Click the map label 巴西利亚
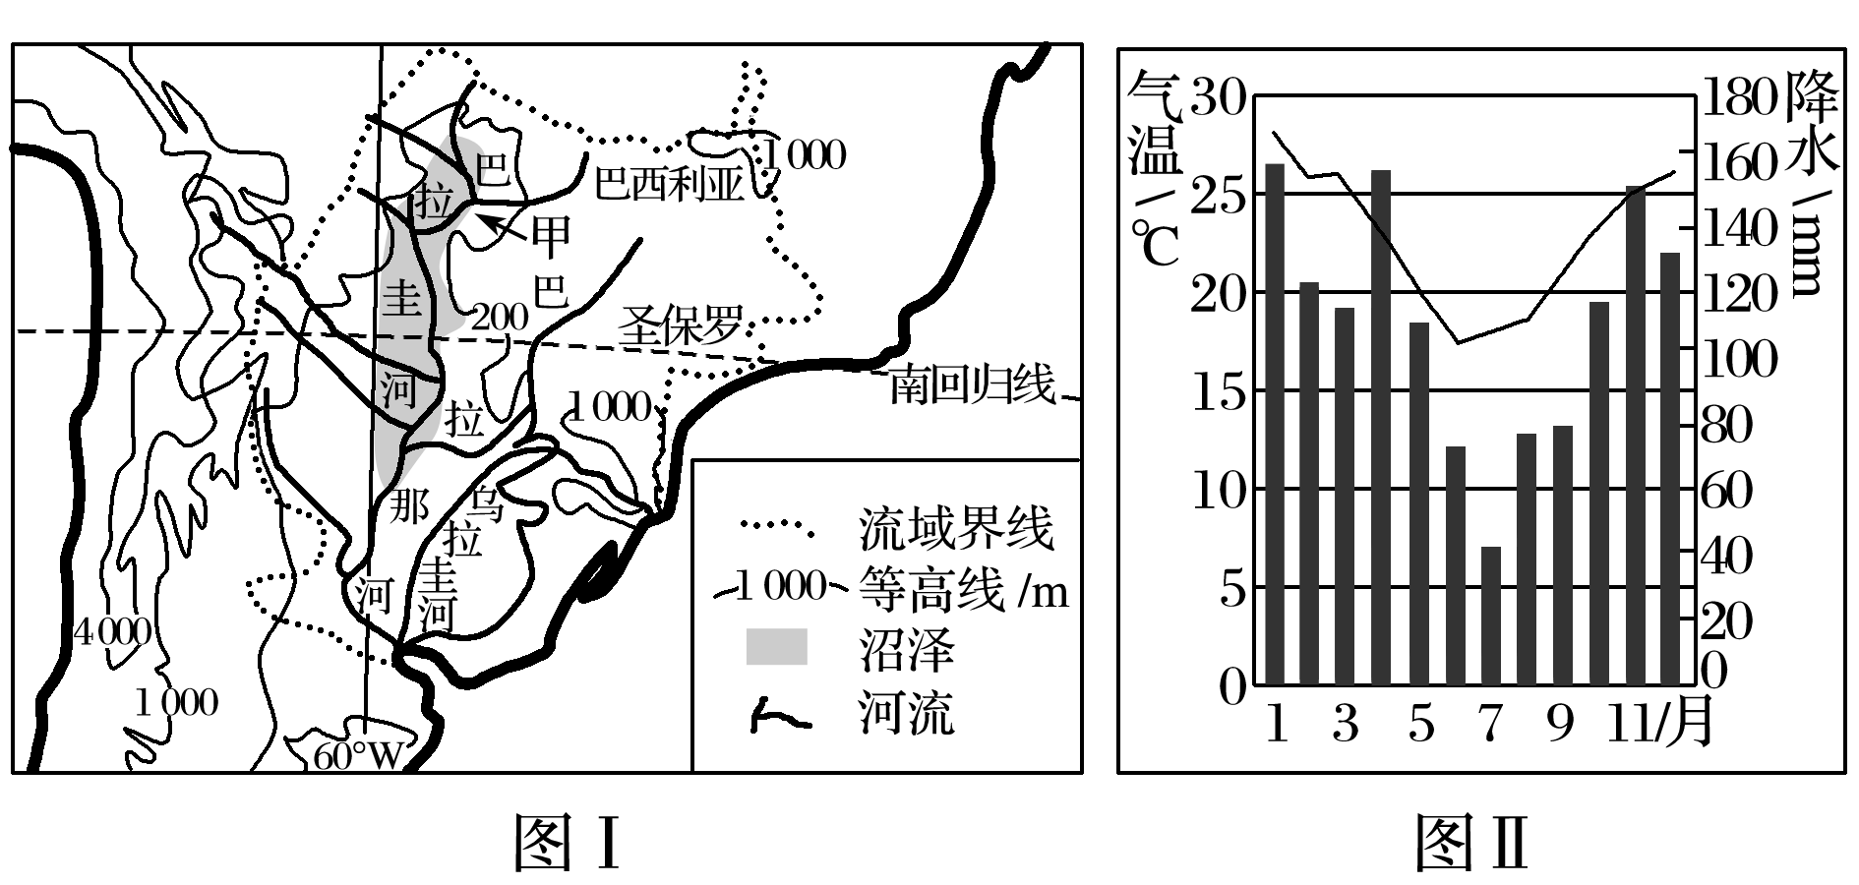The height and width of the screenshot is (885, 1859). (x=669, y=183)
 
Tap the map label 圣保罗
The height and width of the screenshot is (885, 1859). (x=680, y=325)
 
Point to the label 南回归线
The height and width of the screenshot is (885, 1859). (x=972, y=384)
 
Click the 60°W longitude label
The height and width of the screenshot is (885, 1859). (x=358, y=755)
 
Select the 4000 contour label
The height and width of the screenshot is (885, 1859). (x=112, y=631)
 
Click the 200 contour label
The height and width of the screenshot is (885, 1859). (x=501, y=316)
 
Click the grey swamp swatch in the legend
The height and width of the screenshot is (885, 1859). (x=777, y=646)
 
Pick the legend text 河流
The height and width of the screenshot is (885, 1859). (x=906, y=713)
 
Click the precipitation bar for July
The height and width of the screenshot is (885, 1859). (x=1491, y=616)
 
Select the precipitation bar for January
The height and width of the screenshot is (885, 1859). (x=1274, y=424)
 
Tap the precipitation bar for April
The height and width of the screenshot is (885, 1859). (x=1382, y=427)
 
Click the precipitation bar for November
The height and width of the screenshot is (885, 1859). (x=1635, y=435)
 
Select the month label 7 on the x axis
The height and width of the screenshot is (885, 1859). (x=1491, y=725)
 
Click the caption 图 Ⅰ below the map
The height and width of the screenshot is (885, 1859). (x=568, y=844)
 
